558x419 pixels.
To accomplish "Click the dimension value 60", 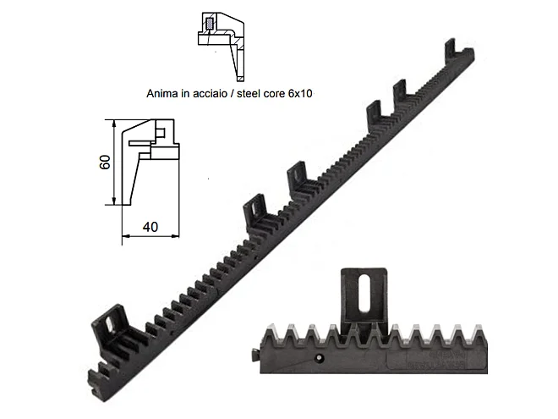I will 105,162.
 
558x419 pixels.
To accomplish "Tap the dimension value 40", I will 150,227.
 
